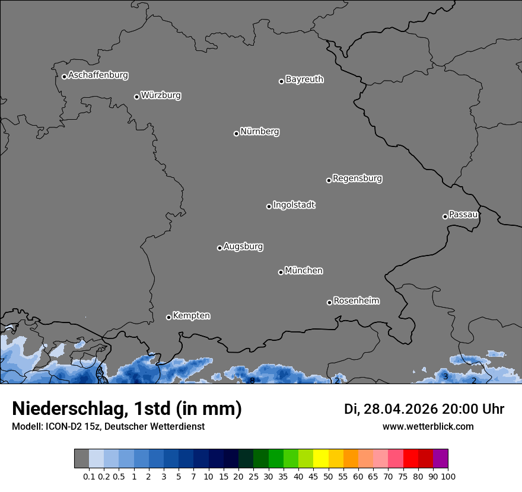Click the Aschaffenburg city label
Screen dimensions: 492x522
click(x=98, y=75)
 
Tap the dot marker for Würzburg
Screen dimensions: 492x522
click(x=136, y=97)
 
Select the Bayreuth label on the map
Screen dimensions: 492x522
click(x=304, y=79)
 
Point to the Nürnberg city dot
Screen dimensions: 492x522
click(x=236, y=133)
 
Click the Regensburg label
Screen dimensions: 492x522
click(x=357, y=178)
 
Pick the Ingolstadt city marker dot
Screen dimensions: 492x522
click(x=269, y=206)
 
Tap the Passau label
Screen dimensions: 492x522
click(x=463, y=214)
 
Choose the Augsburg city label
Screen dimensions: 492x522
click(x=243, y=246)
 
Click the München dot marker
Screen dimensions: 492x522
click(x=281, y=272)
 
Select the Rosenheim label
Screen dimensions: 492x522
click(x=356, y=301)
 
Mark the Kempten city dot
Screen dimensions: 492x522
click(x=168, y=317)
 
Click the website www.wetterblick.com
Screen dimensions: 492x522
click(x=428, y=426)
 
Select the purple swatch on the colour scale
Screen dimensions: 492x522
click(x=440, y=459)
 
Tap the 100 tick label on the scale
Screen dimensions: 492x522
click(x=448, y=476)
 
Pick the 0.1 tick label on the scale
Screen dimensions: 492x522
click(x=89, y=476)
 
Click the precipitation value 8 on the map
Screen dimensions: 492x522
click(x=252, y=381)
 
